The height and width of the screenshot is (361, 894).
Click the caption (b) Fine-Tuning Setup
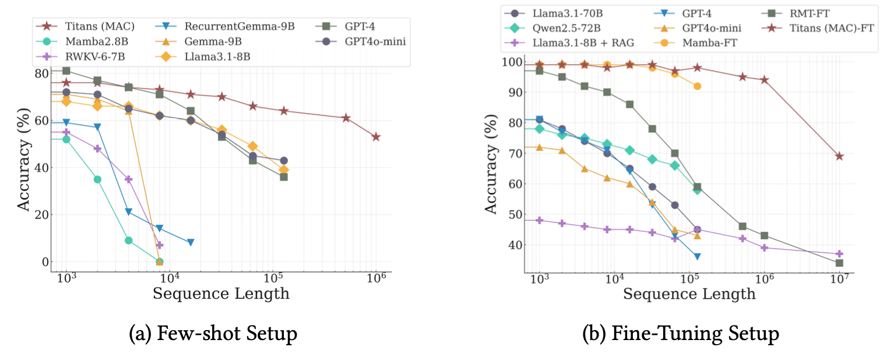click(680, 334)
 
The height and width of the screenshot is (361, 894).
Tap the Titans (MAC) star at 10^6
click(376, 137)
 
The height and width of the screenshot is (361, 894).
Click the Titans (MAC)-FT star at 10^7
click(839, 156)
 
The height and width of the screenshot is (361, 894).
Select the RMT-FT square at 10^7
click(839, 263)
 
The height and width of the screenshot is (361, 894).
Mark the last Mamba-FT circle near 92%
click(697, 86)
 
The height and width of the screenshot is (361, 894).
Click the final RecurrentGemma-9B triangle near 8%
click(191, 242)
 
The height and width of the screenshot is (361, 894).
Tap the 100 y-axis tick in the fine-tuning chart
click(511, 62)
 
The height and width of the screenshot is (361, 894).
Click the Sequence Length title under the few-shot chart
click(221, 293)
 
